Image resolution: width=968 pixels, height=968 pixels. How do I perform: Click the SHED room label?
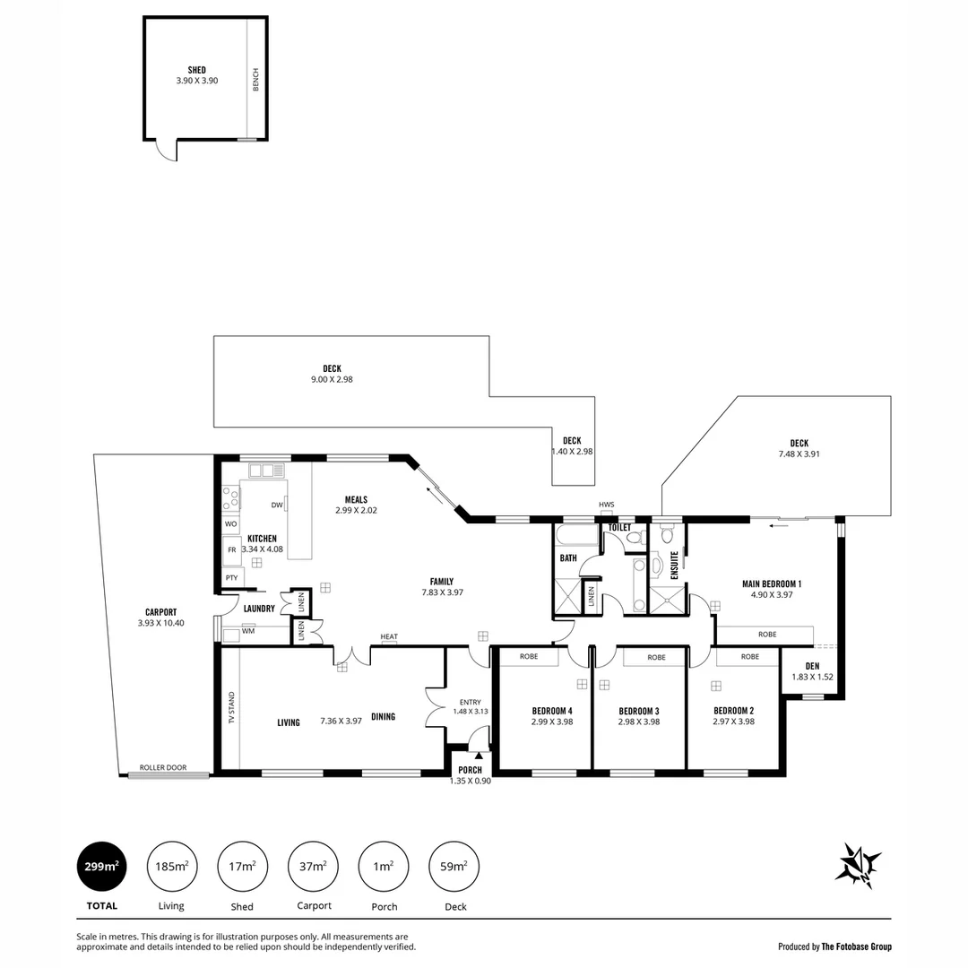click(196, 70)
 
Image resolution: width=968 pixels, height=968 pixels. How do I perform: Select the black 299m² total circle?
click(101, 866)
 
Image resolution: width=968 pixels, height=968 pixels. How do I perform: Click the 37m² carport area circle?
click(314, 866)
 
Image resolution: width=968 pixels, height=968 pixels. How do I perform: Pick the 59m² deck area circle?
click(454, 866)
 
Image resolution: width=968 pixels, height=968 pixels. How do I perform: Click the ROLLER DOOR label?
click(163, 768)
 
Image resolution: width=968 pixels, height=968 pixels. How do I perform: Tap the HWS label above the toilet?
click(607, 505)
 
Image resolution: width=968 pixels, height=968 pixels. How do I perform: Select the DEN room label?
click(812, 665)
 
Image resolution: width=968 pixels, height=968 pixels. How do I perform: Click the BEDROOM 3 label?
click(639, 711)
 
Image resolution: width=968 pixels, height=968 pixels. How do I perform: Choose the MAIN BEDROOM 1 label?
click(771, 583)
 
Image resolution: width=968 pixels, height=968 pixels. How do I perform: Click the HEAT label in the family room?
click(389, 637)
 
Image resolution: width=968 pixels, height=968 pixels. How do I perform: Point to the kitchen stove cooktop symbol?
click(230, 497)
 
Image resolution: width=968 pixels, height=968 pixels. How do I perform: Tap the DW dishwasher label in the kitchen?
click(277, 506)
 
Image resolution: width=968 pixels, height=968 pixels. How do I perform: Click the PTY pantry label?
click(231, 578)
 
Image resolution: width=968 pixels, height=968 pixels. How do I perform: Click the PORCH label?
click(470, 770)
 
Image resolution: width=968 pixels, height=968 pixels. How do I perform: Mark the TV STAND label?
click(232, 708)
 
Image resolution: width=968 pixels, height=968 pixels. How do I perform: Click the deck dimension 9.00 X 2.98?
click(332, 379)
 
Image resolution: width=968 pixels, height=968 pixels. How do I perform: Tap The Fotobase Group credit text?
click(856, 946)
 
